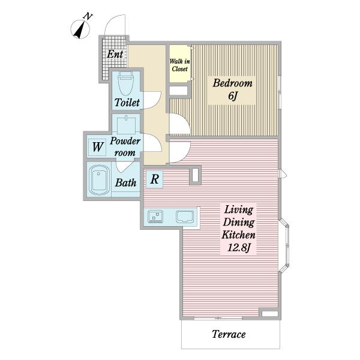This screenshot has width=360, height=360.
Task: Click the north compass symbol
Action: [80, 28]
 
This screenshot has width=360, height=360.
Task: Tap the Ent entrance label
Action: [115, 55]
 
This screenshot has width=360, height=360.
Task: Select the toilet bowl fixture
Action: [125, 83]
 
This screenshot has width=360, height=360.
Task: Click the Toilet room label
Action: [127, 103]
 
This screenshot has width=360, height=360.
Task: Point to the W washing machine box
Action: [97, 147]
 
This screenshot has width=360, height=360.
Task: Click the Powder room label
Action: [125, 147]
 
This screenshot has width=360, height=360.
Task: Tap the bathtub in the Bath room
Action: [99, 180]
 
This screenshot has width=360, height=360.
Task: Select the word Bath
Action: [126, 183]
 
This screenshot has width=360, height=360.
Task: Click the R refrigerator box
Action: [155, 179]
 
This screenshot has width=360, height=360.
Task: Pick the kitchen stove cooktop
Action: [155, 217]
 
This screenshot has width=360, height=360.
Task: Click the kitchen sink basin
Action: [185, 217]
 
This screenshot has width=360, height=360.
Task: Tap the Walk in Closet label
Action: [180, 65]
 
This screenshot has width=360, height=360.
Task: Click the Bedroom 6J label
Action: [232, 89]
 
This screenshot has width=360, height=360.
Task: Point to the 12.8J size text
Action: [239, 248]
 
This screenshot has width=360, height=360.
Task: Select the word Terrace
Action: [229, 334]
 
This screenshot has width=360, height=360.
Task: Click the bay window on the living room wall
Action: [284, 245]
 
